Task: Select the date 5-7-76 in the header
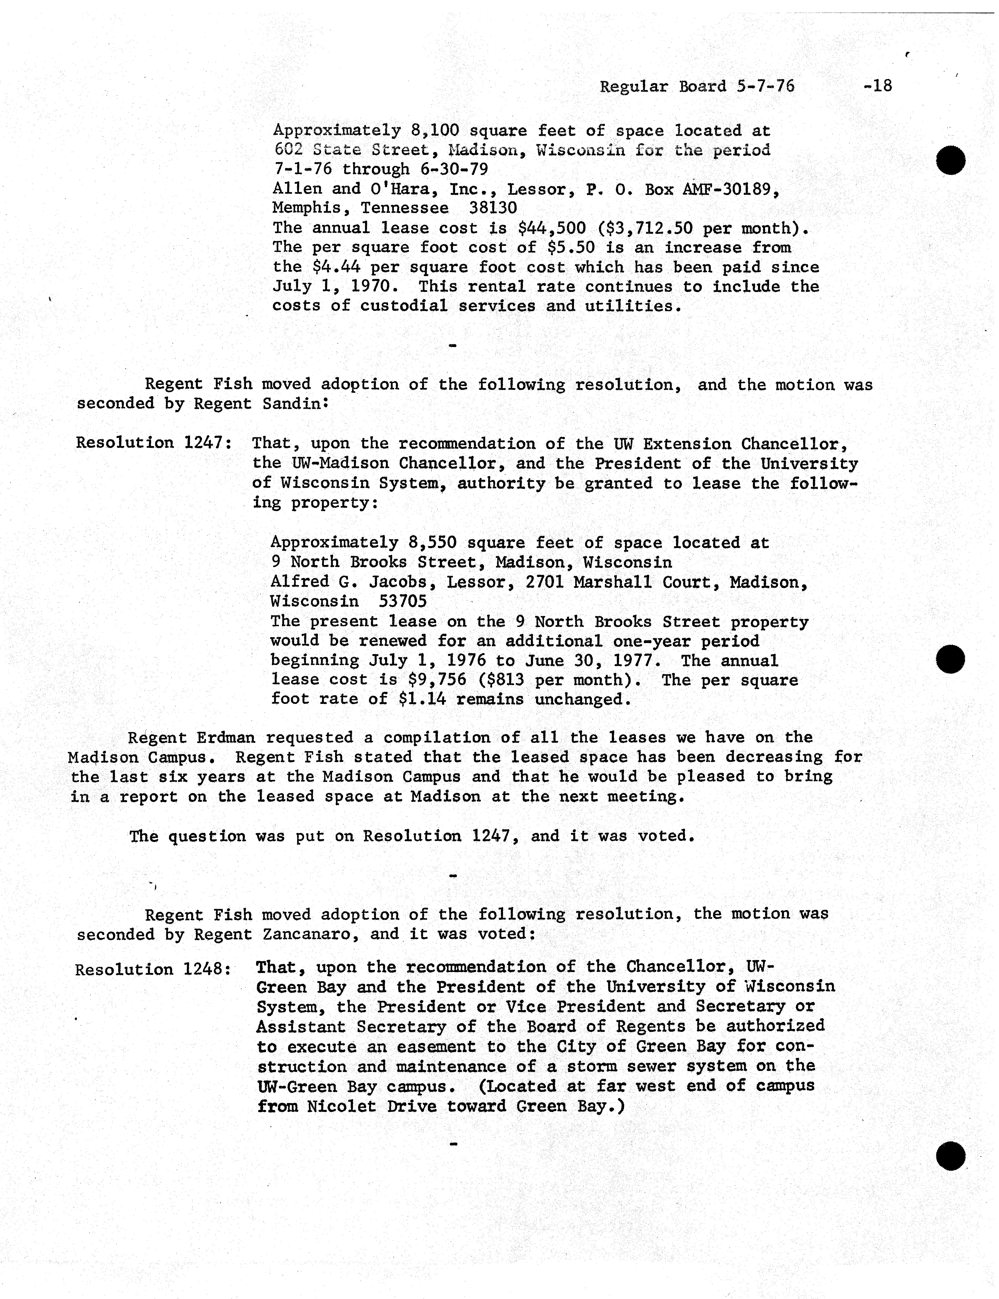click(x=765, y=87)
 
